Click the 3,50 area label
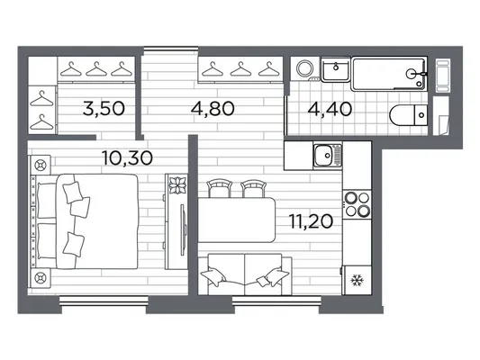pos(104,109)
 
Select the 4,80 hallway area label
pos(213,109)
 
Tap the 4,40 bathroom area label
pos(330,109)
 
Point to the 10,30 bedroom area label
pos(127,158)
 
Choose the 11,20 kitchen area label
pos(311,221)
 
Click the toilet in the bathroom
pos(408,115)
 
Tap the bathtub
pos(389,74)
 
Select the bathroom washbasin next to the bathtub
pos(336,69)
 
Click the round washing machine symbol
pos(305,68)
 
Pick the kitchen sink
pos(327,156)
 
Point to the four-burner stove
pos(358,204)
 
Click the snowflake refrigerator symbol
pos(357,281)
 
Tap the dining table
pos(237,220)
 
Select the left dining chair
pos(219,188)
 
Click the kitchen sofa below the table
pos(245,274)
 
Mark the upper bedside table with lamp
pos(41,166)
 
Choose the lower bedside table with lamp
pos(41,278)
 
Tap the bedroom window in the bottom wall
pos(104,301)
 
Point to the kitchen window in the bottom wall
pos(276,301)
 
